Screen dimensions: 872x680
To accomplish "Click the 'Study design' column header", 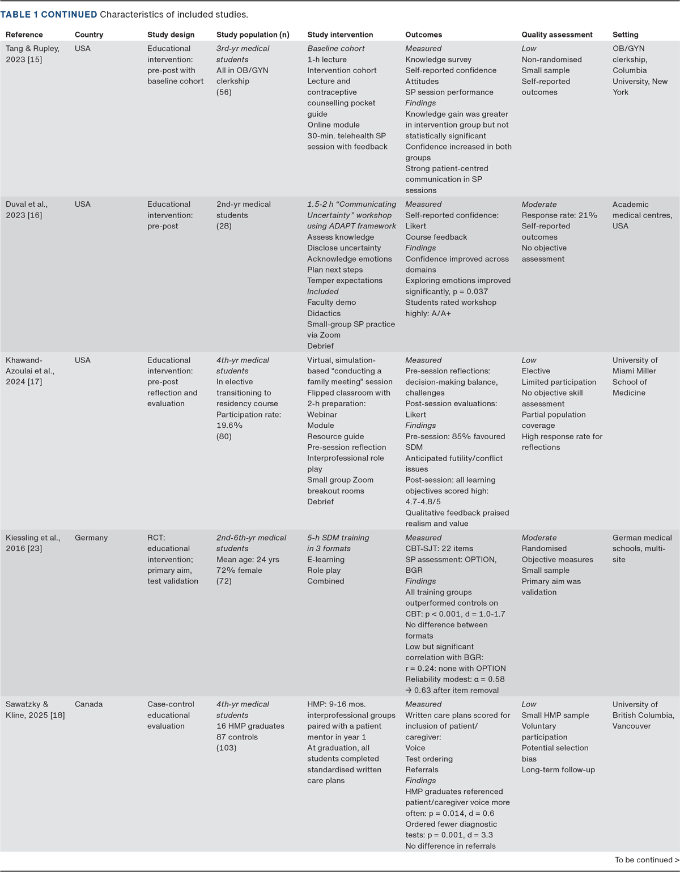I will tap(171, 35).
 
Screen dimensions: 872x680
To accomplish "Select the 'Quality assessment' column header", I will tap(556, 35).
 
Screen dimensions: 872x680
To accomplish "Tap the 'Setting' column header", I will tap(625, 35).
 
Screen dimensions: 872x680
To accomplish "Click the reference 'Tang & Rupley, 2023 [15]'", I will tap(32, 54).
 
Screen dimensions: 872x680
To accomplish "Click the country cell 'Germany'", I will tap(91, 538).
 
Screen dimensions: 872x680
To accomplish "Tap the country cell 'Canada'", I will tap(88, 704).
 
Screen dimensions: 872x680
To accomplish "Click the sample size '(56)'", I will tap(224, 92).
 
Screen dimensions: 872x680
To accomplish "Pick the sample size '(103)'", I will tap(226, 748).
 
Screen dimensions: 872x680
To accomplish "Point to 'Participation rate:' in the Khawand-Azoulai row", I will tap(248, 415).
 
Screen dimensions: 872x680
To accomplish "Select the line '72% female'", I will tap(239, 571).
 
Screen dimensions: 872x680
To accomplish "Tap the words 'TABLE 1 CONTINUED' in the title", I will tap(49, 14).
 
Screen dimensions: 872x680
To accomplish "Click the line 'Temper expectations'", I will tap(345, 280).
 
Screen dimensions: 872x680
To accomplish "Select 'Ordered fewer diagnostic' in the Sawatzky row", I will tap(450, 824).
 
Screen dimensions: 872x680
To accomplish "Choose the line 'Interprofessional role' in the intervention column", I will tap(345, 458).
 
